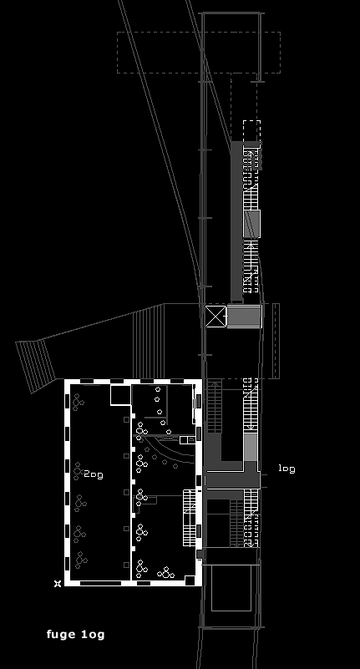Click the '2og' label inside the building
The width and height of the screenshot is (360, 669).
(94, 474)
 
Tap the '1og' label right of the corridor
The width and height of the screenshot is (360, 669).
(286, 469)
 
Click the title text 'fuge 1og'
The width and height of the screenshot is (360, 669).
(75, 635)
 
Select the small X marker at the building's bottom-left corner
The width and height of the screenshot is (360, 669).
(58, 584)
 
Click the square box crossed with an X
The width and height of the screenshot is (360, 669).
(215, 317)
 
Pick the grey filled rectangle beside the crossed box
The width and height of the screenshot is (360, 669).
(244, 317)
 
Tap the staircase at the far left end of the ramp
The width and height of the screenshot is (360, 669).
(36, 366)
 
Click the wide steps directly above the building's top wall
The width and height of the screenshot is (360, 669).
(149, 341)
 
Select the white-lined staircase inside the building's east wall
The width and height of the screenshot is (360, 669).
(190, 518)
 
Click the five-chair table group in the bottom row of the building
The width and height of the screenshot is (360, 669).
(166, 573)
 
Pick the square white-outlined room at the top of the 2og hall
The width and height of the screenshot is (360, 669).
(120, 395)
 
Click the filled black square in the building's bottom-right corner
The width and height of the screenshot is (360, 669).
(190, 580)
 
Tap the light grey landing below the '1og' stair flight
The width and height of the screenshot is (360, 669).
(251, 447)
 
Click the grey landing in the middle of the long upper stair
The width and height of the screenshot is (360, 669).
(251, 224)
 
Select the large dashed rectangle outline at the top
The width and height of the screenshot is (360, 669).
(199, 53)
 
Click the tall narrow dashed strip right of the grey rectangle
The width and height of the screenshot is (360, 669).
(276, 341)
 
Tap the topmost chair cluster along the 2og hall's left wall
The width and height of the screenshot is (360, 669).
(78, 402)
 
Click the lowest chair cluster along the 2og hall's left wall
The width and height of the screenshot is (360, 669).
(81, 560)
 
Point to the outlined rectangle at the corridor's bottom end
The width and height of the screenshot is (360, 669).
(231, 587)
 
